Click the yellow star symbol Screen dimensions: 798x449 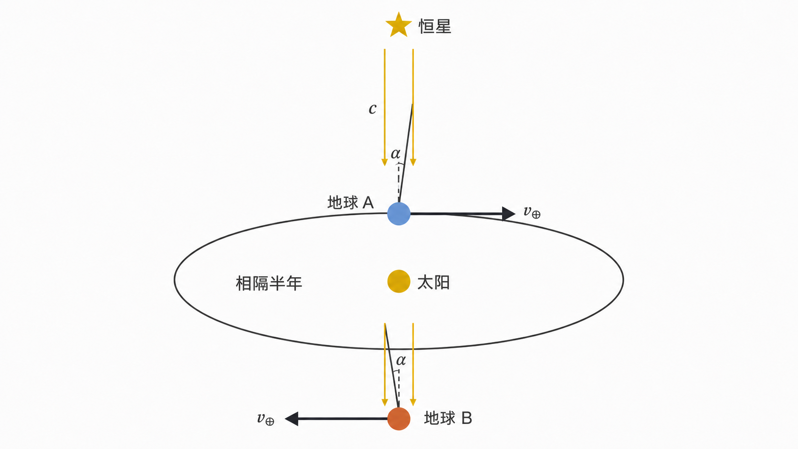pyautogui.click(x=399, y=25)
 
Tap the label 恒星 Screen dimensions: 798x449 pyautogui.click(x=435, y=26)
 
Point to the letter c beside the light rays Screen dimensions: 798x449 pyautogui.click(x=372, y=109)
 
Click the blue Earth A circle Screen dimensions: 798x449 pyautogui.click(x=399, y=214)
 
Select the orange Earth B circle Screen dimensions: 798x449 pyautogui.click(x=399, y=419)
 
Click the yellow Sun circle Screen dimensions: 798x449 pyautogui.click(x=399, y=282)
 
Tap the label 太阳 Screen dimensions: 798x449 pyautogui.click(x=433, y=283)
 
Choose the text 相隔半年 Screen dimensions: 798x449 pyautogui.click(x=269, y=283)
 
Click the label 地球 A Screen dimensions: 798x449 pyautogui.click(x=350, y=203)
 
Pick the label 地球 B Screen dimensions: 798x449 pyautogui.click(x=448, y=418)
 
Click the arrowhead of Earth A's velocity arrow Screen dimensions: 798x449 pyautogui.click(x=509, y=214)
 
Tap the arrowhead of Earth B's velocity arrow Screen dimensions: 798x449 pyautogui.click(x=292, y=419)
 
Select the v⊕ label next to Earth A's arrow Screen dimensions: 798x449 pyautogui.click(x=532, y=212)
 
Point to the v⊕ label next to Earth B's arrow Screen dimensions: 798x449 pyautogui.click(x=266, y=419)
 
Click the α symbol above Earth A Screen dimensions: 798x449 pyautogui.click(x=396, y=154)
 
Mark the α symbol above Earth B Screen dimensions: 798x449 pyautogui.click(x=401, y=360)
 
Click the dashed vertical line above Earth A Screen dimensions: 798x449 pyautogui.click(x=399, y=183)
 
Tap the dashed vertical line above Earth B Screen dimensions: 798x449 pyautogui.click(x=399, y=388)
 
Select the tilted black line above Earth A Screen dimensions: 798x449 pyautogui.click(x=405, y=153)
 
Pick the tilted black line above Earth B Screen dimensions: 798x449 pyautogui.click(x=392, y=365)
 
